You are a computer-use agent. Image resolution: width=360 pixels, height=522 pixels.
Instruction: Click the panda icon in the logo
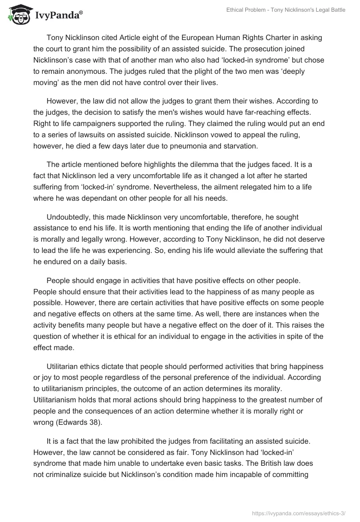pyautogui.click(x=17, y=14)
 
